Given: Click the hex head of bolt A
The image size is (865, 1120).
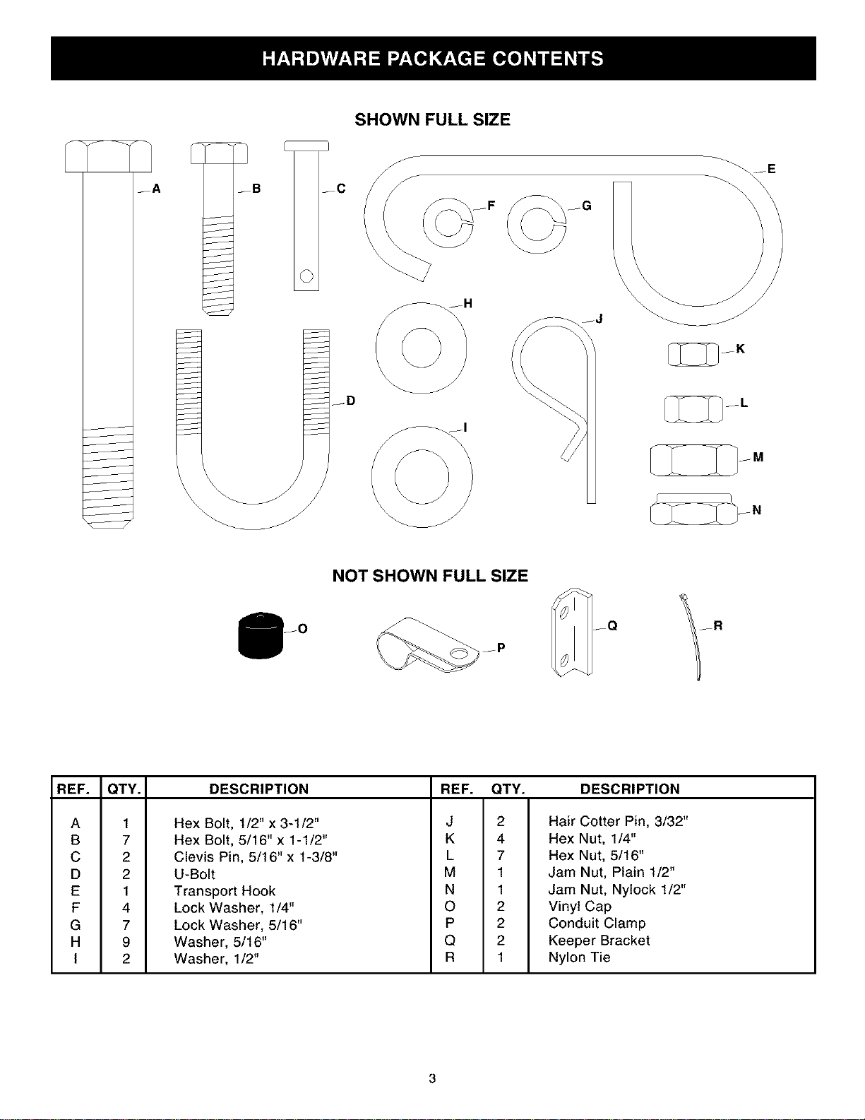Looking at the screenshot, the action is [108, 155].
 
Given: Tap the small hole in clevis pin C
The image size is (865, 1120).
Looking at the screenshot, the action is [306, 276].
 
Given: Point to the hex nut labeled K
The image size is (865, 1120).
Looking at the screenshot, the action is [693, 354].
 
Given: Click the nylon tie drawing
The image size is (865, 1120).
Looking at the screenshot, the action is [693, 637].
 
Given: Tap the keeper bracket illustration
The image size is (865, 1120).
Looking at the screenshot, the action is [572, 632].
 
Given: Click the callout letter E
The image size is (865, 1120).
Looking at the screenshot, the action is [771, 169].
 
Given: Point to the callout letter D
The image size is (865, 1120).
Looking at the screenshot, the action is [351, 401].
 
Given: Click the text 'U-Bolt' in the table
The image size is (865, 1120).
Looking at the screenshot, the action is [194, 874].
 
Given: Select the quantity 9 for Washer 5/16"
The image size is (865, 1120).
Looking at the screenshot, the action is [126, 942].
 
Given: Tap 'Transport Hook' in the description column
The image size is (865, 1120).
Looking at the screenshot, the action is [225, 891].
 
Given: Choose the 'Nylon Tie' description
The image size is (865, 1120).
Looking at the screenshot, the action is [579, 957].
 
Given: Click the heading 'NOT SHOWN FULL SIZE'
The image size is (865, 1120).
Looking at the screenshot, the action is [430, 576].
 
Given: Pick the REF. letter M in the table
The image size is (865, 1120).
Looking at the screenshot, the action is [450, 872].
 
